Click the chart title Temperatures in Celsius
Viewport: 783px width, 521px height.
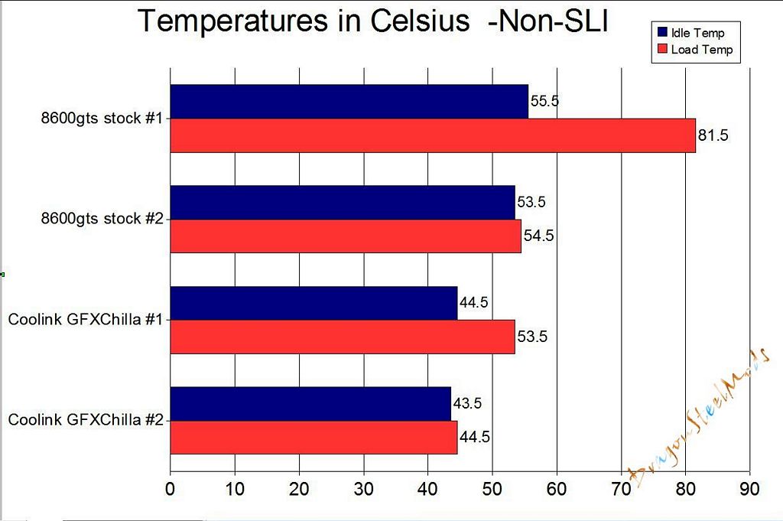tap(372, 21)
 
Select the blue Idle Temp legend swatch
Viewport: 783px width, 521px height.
tap(662, 33)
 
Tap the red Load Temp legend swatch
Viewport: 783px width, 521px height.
tap(662, 50)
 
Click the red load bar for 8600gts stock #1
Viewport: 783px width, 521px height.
tap(433, 135)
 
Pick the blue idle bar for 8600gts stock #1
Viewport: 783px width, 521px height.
tap(349, 102)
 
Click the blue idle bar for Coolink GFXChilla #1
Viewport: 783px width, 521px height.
tap(314, 303)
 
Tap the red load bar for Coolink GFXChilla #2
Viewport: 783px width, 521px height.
tap(314, 438)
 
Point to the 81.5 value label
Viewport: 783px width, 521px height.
tap(713, 136)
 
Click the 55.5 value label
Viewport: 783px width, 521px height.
tap(544, 102)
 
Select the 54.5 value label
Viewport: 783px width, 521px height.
tap(538, 236)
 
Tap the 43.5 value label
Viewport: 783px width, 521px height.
tap(468, 404)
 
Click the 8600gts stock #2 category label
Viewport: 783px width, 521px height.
tap(102, 219)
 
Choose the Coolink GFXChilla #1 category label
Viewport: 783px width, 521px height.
tap(85, 320)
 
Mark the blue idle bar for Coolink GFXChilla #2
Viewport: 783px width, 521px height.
tap(310, 404)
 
